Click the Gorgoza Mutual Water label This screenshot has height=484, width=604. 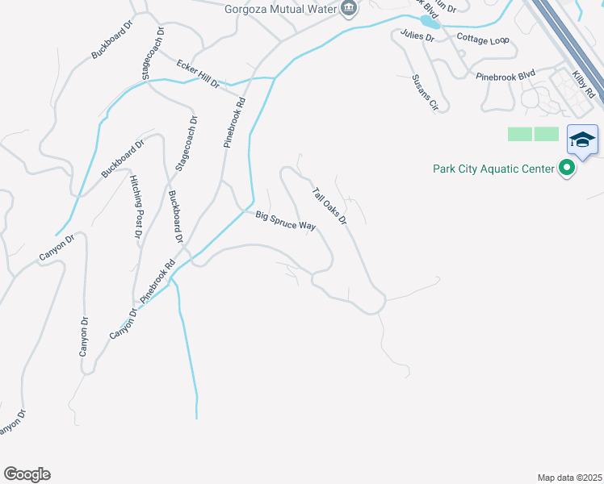point(279,9)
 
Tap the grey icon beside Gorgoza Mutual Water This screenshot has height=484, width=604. point(349,9)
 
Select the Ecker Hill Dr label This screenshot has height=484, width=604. point(198,73)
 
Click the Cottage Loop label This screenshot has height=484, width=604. point(482,39)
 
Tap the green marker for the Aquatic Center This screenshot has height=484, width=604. point(567,169)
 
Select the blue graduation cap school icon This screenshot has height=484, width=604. point(582,140)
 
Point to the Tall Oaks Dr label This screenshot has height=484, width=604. point(329,207)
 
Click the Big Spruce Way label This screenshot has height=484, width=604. point(285,220)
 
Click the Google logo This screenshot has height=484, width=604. point(27,474)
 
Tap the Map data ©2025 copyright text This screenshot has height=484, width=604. point(568,477)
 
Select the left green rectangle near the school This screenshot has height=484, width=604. point(519,134)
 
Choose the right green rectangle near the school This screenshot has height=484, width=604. point(547,134)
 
